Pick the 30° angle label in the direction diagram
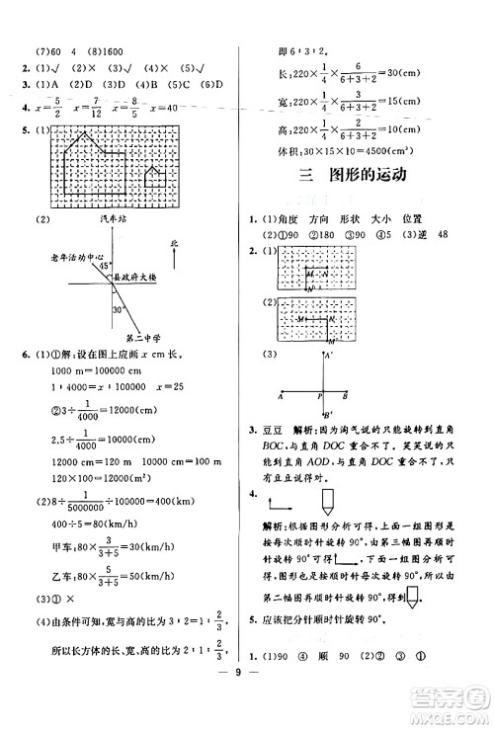[x=119, y=310]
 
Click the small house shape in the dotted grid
[x=153, y=178]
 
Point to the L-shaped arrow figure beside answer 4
[x=280, y=502]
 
